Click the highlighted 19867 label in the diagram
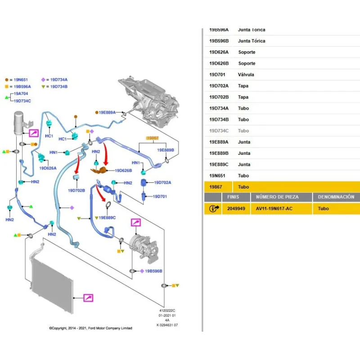(x=153, y=138)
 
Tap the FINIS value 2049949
(x=236, y=209)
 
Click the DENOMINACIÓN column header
(x=336, y=197)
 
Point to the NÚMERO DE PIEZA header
(x=277, y=197)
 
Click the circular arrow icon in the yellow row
(x=214, y=209)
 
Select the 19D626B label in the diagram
(x=123, y=171)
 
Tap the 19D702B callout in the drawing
(x=76, y=190)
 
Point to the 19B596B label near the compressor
(x=153, y=271)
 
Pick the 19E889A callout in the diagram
(x=108, y=112)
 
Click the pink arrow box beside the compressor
(x=135, y=223)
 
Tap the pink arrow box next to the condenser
(x=88, y=298)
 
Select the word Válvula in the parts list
(x=246, y=75)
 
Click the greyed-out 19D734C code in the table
(x=219, y=131)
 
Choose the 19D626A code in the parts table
(x=219, y=52)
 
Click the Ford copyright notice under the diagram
(x=90, y=328)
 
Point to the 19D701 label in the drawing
(x=160, y=197)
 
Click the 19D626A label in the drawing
(x=48, y=168)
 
